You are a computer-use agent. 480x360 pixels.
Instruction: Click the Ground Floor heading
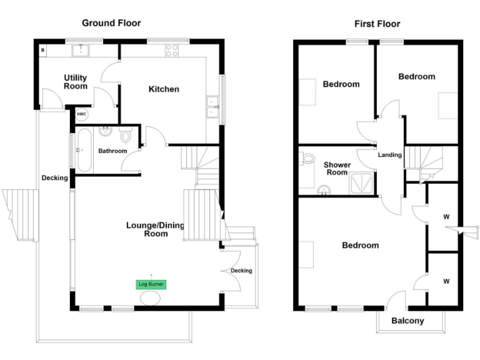pos(111,23)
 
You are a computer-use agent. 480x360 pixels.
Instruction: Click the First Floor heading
pos(377,24)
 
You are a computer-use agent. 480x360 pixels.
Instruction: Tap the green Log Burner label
pos(151,284)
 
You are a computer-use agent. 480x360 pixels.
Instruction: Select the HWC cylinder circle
pos(81,114)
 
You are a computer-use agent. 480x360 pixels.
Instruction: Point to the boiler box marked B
pos(43,50)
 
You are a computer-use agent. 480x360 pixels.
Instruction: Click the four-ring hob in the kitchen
pos(172,51)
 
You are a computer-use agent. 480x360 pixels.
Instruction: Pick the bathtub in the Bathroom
pos(84,150)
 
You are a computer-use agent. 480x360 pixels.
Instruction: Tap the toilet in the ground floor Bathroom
pos(125,135)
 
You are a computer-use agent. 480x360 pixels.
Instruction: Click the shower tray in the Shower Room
pos(362,184)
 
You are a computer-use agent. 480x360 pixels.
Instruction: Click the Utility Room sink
pos(81,51)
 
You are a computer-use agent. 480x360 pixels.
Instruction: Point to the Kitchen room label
pos(164,89)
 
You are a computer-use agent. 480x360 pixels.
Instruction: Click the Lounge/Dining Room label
pos(156,229)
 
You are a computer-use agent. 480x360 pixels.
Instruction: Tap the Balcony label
pos(407,321)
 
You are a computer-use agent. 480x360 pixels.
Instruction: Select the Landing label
pos(390,155)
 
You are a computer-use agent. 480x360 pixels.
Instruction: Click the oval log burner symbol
pos(150,298)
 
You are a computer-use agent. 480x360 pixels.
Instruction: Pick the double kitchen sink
pos(212,107)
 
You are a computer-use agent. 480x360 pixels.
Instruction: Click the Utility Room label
pos(76,82)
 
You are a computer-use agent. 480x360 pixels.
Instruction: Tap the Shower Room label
pos(337,169)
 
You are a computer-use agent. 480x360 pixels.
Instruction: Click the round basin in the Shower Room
pos(324,190)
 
